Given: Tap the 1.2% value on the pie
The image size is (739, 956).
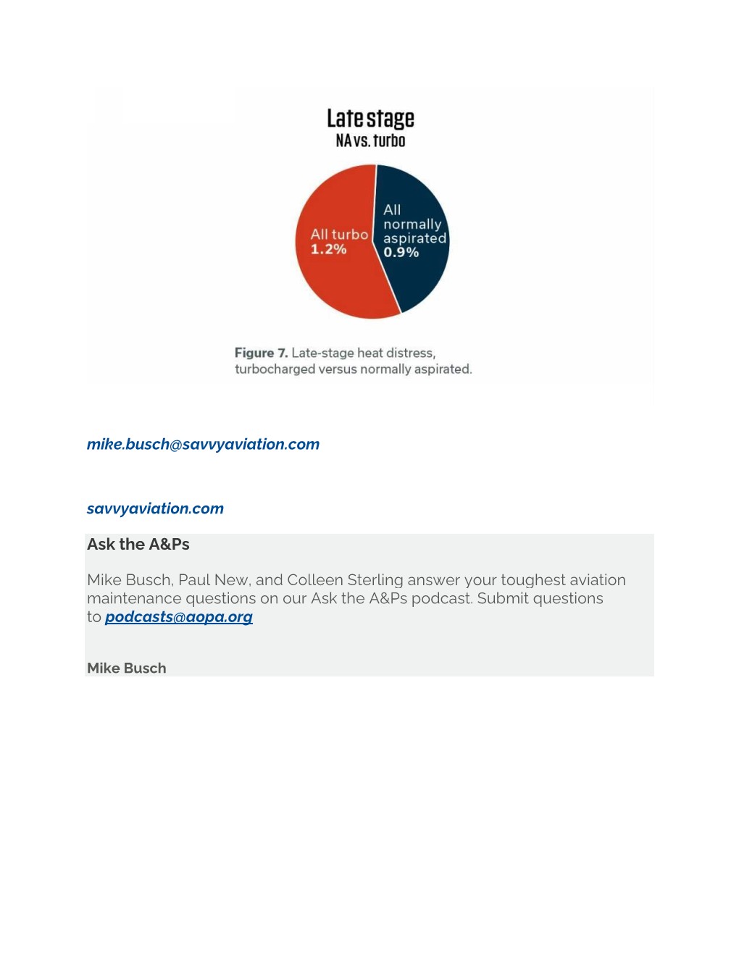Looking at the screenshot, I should pyautogui.click(x=328, y=250).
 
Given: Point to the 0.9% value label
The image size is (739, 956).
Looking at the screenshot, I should pyautogui.click(x=401, y=253).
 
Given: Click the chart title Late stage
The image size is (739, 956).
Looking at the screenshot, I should pyautogui.click(x=370, y=118).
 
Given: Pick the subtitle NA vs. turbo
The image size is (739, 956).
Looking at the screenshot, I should pyautogui.click(x=370, y=141).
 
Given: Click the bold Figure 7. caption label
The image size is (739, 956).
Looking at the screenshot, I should pyautogui.click(x=261, y=353).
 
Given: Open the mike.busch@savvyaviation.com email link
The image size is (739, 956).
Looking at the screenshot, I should pyautogui.click(x=203, y=444).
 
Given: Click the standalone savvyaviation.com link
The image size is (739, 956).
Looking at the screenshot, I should pyautogui.click(x=155, y=508).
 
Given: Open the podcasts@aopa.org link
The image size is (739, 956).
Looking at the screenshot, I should pyautogui.click(x=178, y=617).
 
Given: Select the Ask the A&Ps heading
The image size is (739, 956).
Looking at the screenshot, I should pyautogui.click(x=138, y=545).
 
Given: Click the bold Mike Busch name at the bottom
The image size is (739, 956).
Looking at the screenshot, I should pyautogui.click(x=127, y=668).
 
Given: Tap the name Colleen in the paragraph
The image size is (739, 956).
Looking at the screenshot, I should pyautogui.click(x=314, y=580).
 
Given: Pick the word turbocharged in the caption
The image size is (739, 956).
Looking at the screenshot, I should pyautogui.click(x=275, y=369).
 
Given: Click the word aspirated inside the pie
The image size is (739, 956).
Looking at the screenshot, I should pyautogui.click(x=414, y=238).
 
